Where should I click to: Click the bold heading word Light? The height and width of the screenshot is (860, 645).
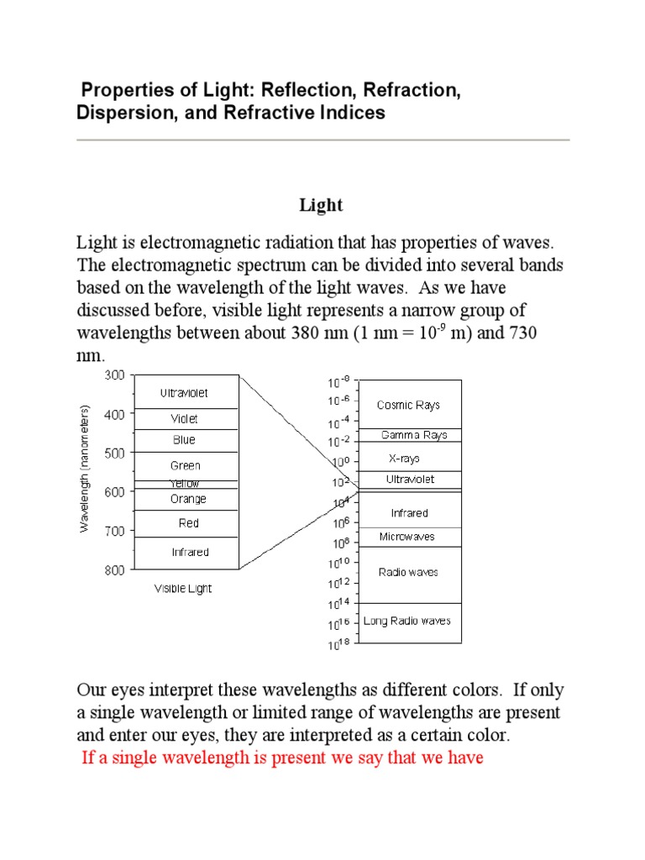(x=322, y=206)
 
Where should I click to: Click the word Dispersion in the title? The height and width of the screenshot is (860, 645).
(x=119, y=113)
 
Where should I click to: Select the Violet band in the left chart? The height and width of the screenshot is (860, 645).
(x=185, y=418)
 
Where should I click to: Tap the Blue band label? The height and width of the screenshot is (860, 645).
(x=185, y=440)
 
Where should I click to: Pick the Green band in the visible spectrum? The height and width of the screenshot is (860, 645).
(x=186, y=465)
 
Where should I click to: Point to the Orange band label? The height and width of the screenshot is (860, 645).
(x=187, y=499)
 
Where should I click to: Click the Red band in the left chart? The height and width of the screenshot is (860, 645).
(x=189, y=523)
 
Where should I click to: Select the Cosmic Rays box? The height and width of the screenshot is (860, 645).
(x=408, y=405)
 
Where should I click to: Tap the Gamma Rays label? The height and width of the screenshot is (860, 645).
(x=414, y=435)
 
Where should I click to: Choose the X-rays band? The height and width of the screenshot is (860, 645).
(x=404, y=459)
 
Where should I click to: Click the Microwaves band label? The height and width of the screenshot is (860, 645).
(x=406, y=536)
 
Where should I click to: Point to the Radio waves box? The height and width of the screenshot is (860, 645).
(x=408, y=573)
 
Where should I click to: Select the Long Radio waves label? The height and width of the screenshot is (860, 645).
(x=407, y=621)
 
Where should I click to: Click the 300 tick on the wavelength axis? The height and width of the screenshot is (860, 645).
(x=113, y=375)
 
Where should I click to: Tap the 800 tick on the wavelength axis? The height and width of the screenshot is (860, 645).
(x=113, y=570)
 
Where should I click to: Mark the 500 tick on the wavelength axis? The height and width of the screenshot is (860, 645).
(x=113, y=453)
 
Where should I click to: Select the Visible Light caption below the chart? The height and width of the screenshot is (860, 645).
(x=183, y=589)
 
